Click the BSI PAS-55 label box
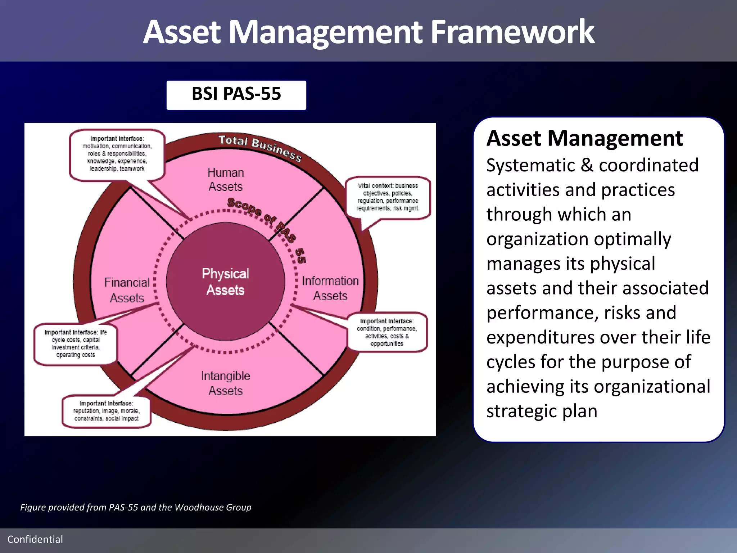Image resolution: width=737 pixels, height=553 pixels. (236, 95)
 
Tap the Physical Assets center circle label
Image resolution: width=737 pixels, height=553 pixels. (225, 282)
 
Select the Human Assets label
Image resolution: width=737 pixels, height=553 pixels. (226, 180)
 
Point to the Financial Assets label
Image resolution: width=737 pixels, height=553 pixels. (127, 290)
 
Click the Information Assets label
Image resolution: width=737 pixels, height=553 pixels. (330, 288)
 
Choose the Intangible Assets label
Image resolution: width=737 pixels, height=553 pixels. (225, 383)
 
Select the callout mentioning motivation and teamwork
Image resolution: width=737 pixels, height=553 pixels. (117, 154)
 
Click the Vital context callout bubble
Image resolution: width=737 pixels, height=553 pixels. (388, 197)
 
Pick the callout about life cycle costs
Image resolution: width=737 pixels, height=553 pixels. (76, 343)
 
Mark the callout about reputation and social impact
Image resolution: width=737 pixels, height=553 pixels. (107, 411)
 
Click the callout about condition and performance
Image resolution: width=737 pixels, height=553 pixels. (387, 332)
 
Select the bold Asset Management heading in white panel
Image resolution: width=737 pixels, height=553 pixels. (584, 139)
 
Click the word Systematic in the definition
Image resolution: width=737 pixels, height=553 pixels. (531, 166)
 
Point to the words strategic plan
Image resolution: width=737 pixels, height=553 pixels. (542, 411)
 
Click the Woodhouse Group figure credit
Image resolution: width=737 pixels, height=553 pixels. (213, 507)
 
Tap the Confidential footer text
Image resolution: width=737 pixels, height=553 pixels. (35, 539)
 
